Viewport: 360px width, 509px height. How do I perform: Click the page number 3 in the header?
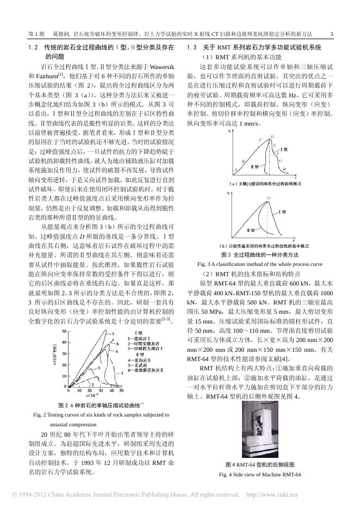click(x=331, y=34)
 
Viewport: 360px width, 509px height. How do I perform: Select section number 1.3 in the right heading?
click(x=191, y=48)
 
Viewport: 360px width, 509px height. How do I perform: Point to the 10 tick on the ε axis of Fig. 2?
click(x=80, y=406)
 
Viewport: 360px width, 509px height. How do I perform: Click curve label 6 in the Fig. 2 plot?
click(x=116, y=344)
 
